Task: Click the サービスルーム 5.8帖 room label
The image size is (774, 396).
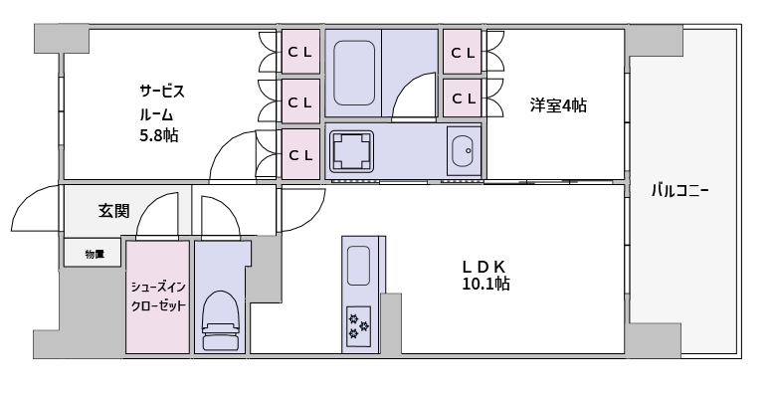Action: click(x=162, y=113)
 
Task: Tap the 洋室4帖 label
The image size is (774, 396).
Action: click(x=558, y=105)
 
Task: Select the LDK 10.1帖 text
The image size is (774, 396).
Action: click(x=485, y=276)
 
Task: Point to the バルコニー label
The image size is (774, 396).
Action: click(x=679, y=191)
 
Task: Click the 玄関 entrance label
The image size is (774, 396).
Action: click(x=114, y=211)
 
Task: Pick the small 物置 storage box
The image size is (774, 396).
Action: click(x=93, y=254)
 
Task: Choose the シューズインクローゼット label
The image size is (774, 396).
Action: click(x=158, y=297)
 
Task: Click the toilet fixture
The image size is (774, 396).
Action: click(x=220, y=320)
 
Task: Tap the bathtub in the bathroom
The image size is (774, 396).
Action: click(x=353, y=73)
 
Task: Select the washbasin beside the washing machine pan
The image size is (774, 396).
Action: click(x=464, y=150)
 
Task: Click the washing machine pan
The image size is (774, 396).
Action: click(x=351, y=150)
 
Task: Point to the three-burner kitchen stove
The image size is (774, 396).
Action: click(x=358, y=325)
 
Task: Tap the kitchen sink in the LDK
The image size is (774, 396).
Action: click(x=358, y=266)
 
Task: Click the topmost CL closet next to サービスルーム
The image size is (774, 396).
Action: click(x=300, y=52)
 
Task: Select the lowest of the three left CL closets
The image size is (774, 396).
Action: click(x=300, y=154)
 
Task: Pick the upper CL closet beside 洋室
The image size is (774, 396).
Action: click(x=462, y=52)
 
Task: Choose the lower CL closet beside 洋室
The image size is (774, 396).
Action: click(x=462, y=98)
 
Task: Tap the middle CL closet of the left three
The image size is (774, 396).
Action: click(x=300, y=101)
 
